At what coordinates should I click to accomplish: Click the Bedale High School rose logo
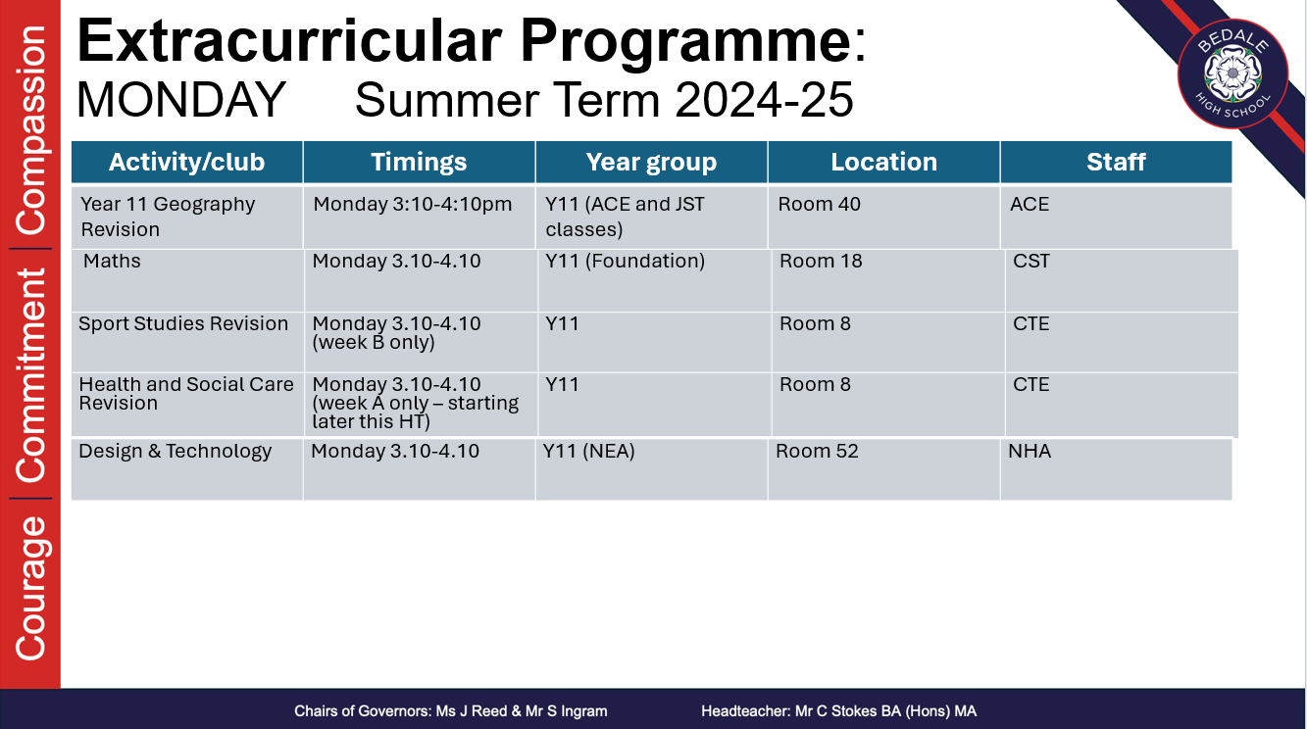[x=1232, y=73]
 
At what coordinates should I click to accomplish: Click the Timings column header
[x=419, y=162]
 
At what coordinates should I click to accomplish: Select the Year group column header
[x=651, y=162]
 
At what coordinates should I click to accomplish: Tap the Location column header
[x=883, y=162]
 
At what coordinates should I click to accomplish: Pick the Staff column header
[x=1116, y=162]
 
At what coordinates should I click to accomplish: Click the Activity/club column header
[x=186, y=162]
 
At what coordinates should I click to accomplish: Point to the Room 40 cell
[x=883, y=218]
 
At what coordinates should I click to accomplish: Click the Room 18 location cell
[x=888, y=280]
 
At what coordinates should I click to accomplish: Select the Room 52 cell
[x=883, y=469]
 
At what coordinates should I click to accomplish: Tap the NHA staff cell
[x=1116, y=469]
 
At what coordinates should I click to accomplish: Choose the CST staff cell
[x=1122, y=280]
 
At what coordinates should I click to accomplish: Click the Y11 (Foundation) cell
[x=654, y=280]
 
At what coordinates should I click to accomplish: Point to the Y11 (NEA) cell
[x=651, y=469]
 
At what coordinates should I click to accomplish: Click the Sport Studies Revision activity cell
[x=187, y=342]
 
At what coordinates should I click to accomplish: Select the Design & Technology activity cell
[x=186, y=469]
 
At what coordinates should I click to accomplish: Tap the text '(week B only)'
[x=374, y=342]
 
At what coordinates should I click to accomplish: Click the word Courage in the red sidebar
[x=30, y=589]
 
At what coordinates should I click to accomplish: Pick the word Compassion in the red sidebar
[x=30, y=130]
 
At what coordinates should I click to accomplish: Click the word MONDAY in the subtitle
[x=180, y=100]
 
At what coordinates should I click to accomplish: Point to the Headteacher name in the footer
[x=838, y=711]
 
